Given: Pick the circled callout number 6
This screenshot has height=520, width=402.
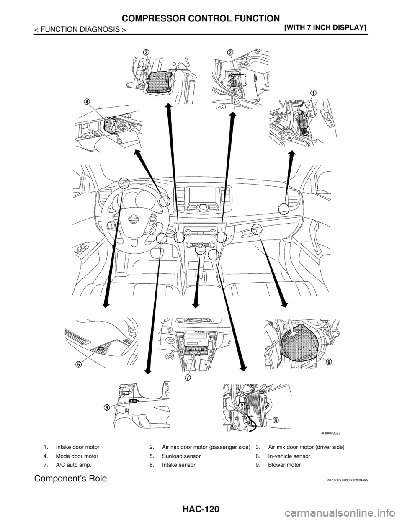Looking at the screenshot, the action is pos(107,407).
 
